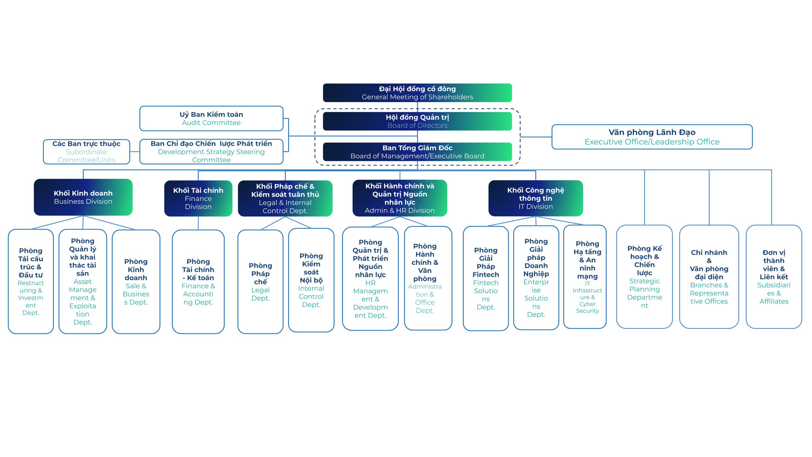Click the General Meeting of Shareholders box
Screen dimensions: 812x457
pos(417,93)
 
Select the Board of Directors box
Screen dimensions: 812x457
pos(417,121)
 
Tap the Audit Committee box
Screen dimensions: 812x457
pos(211,119)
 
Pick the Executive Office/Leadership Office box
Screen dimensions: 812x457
pos(652,137)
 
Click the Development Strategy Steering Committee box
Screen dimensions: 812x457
pos(211,151)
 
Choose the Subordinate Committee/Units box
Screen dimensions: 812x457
pos(86,152)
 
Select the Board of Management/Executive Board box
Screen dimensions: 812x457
pos(417,152)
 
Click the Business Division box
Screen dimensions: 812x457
pos(83,197)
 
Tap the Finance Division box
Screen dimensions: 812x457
pos(198,198)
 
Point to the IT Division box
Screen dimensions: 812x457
pos(536,198)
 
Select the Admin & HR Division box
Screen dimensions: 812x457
pos(400,198)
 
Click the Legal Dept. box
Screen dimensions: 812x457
pos(260,282)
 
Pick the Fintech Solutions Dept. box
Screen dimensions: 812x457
pos(486,279)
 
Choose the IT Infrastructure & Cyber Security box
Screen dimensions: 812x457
pos(585,277)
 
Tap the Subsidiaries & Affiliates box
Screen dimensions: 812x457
pos(774,277)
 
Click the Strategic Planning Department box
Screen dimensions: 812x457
pos(644,277)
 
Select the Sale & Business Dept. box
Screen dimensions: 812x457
pos(136,282)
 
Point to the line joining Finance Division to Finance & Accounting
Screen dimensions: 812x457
pos(198,223)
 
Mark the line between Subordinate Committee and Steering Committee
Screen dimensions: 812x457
pos(135,152)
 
